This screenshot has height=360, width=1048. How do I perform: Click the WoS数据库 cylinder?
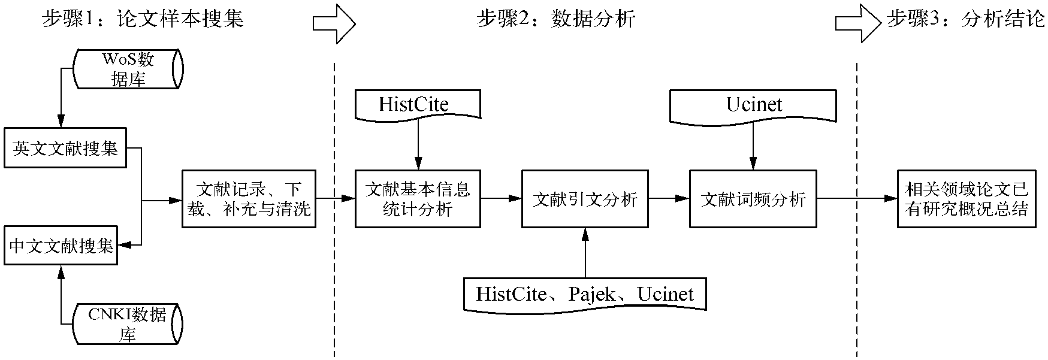[128, 69]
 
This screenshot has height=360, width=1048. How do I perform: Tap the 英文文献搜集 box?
[65, 148]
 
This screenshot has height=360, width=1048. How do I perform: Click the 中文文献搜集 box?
[61, 246]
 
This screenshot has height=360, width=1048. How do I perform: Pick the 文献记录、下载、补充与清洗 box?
[249, 199]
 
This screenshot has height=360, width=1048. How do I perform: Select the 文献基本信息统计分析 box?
[418, 199]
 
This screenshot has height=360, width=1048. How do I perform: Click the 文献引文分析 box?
[585, 199]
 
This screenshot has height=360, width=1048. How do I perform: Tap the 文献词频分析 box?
[753, 199]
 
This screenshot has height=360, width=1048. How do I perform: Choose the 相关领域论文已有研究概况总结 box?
[967, 199]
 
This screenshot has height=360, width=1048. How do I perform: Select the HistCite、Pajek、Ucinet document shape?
[585, 294]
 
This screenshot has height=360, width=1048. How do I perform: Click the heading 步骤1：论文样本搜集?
[143, 19]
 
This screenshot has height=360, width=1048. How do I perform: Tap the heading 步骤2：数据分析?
[555, 19]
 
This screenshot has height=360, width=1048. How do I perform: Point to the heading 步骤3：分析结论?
[965, 19]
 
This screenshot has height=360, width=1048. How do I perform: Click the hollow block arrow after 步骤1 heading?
[334, 23]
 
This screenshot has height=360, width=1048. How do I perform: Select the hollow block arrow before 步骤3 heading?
[858, 23]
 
